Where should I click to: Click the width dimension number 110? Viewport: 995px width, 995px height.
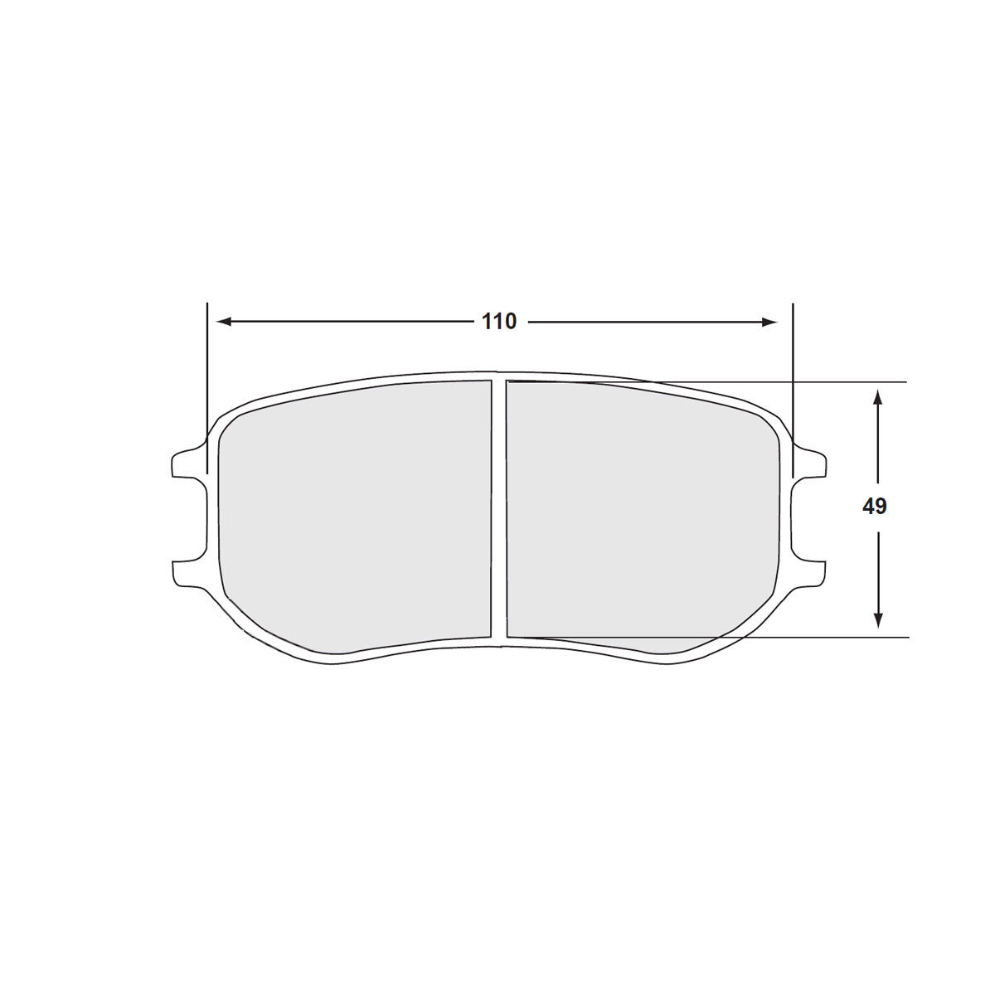[499, 322]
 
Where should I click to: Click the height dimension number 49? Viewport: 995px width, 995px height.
[874, 507]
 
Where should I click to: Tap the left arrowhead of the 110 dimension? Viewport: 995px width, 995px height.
[221, 322]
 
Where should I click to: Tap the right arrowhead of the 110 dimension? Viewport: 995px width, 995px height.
[771, 322]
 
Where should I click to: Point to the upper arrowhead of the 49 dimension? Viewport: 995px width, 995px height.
[878, 396]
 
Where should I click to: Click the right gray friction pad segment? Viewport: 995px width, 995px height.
[638, 514]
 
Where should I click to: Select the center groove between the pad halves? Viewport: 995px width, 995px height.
[498, 510]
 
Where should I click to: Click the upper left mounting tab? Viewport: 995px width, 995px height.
[186, 463]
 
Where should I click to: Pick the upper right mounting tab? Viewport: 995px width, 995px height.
[811, 463]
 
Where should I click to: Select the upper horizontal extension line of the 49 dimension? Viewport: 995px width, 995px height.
[829, 382]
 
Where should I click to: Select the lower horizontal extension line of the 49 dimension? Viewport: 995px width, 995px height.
[829, 638]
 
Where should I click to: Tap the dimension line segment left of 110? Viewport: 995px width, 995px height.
[348, 322]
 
